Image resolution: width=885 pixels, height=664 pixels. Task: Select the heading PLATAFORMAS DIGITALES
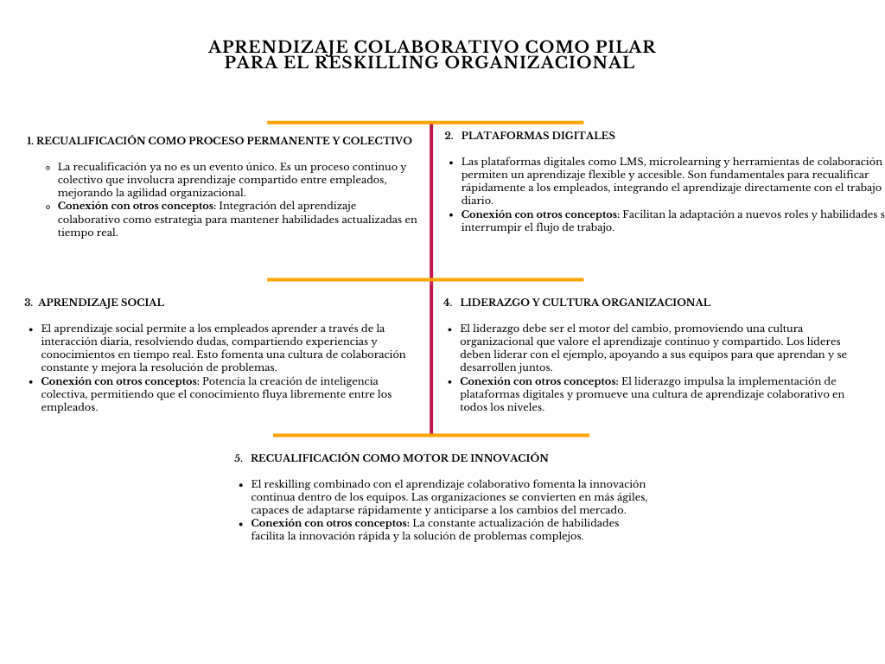point(538,136)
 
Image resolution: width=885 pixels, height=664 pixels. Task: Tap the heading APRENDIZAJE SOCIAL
point(101,303)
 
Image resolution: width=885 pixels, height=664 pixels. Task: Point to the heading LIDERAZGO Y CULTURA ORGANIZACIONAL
point(585,303)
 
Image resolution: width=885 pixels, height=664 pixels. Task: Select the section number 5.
point(238,457)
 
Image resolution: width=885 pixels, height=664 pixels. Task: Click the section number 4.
point(447,303)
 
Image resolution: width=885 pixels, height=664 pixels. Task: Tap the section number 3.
point(29,303)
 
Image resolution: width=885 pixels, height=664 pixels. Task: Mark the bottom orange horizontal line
point(431,435)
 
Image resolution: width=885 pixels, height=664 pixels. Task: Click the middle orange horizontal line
point(425,279)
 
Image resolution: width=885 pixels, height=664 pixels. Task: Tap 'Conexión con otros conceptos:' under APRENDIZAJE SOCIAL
point(120,381)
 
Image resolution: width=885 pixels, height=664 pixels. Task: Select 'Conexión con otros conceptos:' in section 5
point(330,523)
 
